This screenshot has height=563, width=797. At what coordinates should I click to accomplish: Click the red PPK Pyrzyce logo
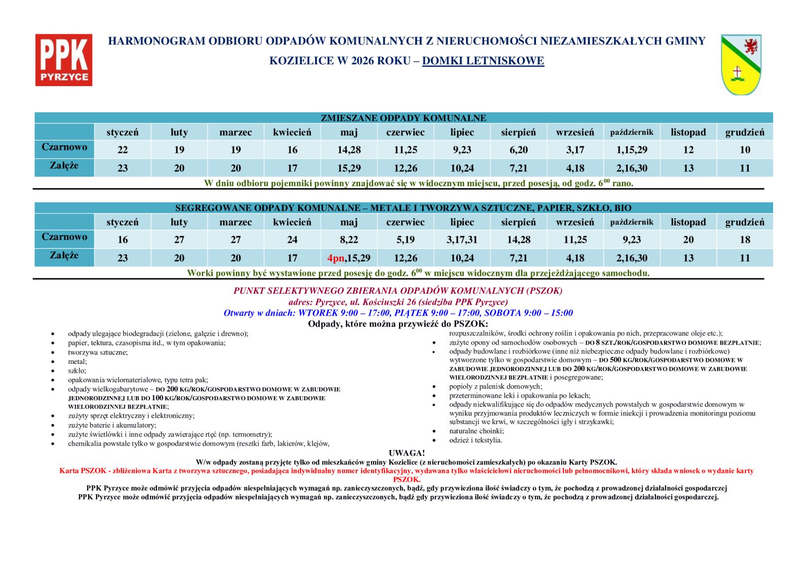click(64, 60)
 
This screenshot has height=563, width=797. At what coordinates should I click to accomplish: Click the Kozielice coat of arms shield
click(741, 65)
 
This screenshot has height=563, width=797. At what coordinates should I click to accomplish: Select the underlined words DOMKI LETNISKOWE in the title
click(483, 61)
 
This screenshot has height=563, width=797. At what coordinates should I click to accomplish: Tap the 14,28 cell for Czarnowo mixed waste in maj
click(349, 150)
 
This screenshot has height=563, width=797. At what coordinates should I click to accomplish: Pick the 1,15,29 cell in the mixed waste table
click(632, 150)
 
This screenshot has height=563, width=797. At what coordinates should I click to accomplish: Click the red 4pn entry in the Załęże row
click(336, 258)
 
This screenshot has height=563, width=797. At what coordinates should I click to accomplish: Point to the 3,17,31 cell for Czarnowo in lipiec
click(462, 240)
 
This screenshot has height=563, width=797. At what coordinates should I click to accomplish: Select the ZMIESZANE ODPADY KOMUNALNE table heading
click(403, 118)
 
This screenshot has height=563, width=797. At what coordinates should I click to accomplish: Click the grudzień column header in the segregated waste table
click(745, 223)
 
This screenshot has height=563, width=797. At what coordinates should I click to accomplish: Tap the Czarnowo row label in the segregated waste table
click(64, 237)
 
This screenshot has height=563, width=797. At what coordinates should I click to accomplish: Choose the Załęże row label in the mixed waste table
click(64, 166)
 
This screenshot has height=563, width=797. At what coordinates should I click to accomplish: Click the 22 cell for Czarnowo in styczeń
click(123, 150)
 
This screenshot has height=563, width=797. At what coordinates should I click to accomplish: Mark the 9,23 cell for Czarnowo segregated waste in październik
click(632, 240)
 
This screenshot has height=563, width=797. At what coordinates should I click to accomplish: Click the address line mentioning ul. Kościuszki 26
click(398, 302)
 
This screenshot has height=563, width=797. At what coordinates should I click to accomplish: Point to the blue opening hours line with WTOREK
click(398, 313)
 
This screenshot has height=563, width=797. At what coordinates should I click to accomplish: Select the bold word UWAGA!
click(406, 453)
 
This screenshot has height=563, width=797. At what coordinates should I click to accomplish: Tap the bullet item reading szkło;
click(77, 371)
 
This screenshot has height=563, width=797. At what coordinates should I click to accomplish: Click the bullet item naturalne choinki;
click(476, 431)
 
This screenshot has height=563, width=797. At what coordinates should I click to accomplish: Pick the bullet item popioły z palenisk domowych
click(495, 386)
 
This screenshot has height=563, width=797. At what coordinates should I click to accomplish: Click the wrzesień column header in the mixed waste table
click(575, 132)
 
